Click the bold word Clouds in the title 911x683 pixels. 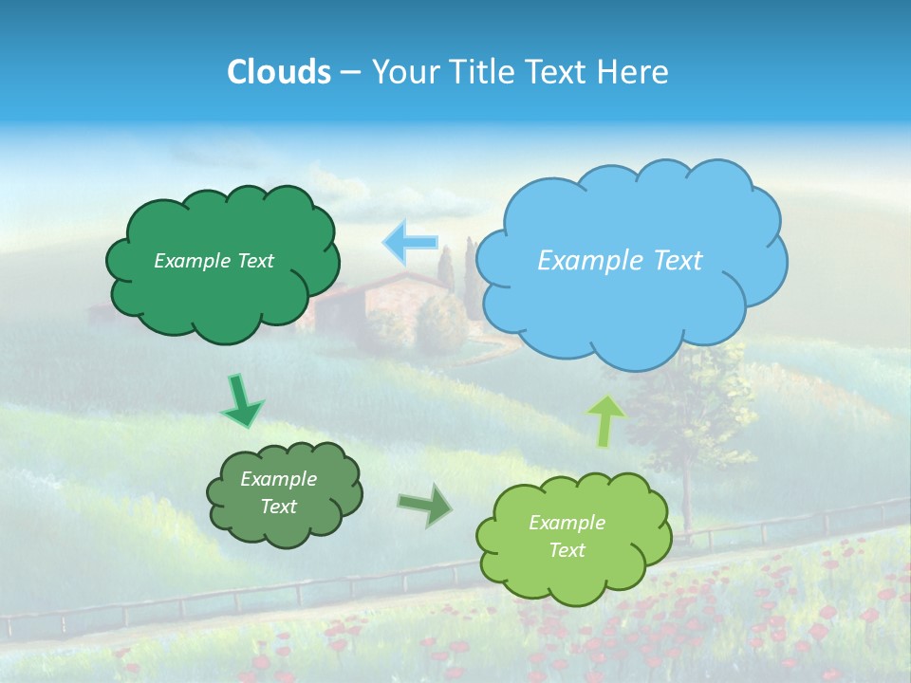[x=279, y=72]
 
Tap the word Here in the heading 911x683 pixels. [x=634, y=72]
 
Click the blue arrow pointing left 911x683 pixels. [x=410, y=242]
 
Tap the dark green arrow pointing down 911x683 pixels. [x=241, y=400]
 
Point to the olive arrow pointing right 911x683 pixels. [x=424, y=507]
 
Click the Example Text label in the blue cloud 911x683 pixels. [x=620, y=260]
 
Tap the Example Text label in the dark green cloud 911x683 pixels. [x=214, y=261]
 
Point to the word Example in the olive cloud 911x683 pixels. [x=278, y=479]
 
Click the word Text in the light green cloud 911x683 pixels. [x=567, y=550]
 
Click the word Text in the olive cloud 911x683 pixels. [x=278, y=507]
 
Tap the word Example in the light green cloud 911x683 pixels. [x=567, y=523]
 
